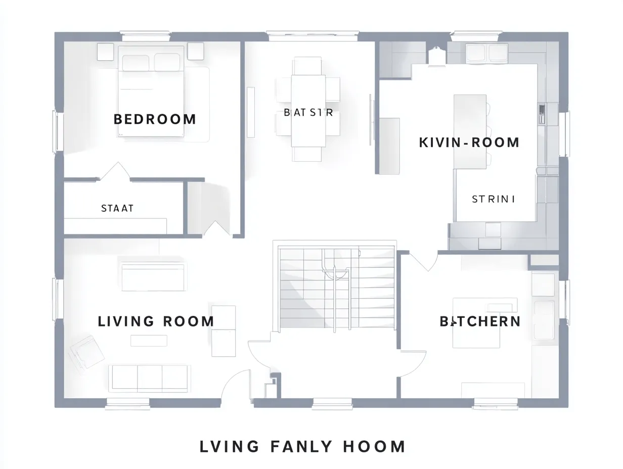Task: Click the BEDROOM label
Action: (x=155, y=119)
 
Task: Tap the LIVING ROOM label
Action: (x=156, y=321)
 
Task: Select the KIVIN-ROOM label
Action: (x=469, y=143)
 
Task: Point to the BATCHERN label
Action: (x=479, y=321)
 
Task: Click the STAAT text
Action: (x=117, y=208)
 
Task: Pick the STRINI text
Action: (x=494, y=199)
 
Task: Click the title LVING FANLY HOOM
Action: (x=302, y=447)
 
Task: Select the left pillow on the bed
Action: (x=136, y=63)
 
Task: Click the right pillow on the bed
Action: (x=167, y=62)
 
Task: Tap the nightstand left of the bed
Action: (x=105, y=52)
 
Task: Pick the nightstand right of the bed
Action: (x=195, y=51)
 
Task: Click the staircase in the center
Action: (x=336, y=287)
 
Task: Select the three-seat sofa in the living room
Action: (x=149, y=378)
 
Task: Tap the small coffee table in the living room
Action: (x=149, y=341)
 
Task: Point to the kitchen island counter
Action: (x=470, y=131)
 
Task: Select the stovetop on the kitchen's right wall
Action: (x=542, y=114)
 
